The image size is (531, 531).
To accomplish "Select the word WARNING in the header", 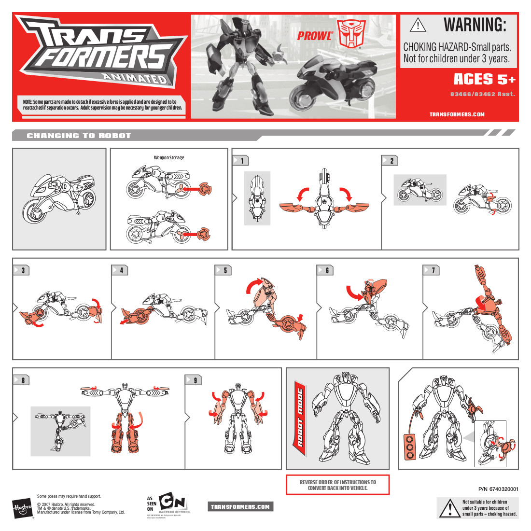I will point(475,25).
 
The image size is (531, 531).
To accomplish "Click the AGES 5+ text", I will point(484,79).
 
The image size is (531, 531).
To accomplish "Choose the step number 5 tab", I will point(224,270).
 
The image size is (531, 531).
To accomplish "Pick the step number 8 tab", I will point(21,380).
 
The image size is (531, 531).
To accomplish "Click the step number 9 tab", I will point(194,380).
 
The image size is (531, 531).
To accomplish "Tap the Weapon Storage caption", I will point(169,157).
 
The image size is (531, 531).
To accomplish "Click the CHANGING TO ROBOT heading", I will point(79,136).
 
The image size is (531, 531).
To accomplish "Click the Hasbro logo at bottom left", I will point(22,509).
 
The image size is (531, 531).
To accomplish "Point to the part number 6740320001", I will point(498,489).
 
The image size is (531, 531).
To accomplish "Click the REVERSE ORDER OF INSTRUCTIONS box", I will point(337,485).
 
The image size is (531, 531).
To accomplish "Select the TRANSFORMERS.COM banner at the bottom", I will point(240,506).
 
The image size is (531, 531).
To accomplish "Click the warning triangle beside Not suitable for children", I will point(449,508).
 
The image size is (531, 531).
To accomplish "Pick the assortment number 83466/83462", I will point(482,94).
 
